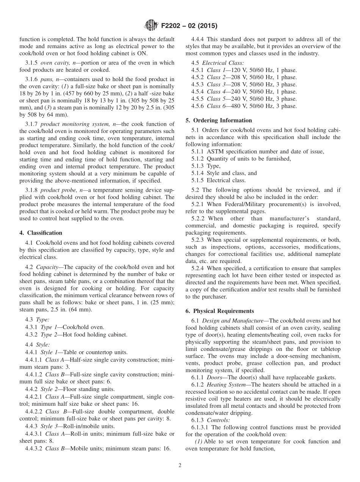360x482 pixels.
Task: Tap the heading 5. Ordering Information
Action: pyautogui.click(x=218, y=120)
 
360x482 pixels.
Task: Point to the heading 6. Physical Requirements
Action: pyautogui.click(x=220, y=311)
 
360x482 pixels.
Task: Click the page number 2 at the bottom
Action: pyautogui.click(x=180, y=466)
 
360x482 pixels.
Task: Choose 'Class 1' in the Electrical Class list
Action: pyautogui.click(x=216, y=70)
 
